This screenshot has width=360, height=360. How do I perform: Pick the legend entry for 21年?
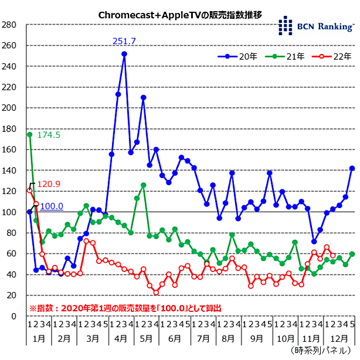[x=284, y=57]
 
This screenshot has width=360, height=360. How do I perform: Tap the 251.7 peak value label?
[x=124, y=41]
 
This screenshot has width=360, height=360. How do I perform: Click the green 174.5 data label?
[x=49, y=135]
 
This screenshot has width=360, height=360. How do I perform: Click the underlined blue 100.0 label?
[x=52, y=206]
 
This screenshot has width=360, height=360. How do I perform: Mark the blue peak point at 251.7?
[x=124, y=54]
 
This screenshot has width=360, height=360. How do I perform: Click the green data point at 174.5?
[x=29, y=134]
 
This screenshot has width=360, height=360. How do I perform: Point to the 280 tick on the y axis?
[x=10, y=25]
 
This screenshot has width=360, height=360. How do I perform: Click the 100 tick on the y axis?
[x=10, y=212]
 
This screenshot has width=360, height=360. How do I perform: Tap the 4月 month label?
[x=121, y=339]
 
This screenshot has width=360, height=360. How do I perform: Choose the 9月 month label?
[x=256, y=339]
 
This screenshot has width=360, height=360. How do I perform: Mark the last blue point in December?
[x=352, y=168]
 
